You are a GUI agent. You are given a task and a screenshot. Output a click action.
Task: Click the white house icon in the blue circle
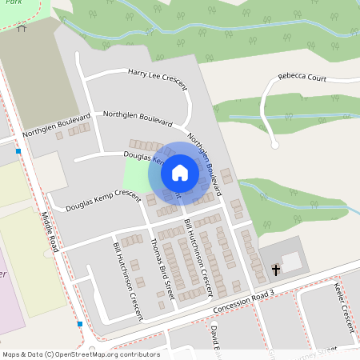coord(179,172)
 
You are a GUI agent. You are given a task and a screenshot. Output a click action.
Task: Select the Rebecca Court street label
coord(302,78)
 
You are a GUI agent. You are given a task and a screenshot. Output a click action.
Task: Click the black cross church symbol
coord(277,270)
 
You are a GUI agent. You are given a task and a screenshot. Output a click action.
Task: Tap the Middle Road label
coord(50,227)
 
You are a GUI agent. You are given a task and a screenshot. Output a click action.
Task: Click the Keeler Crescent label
coord(346,307)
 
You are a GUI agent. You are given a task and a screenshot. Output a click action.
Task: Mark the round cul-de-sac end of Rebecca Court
coord(274,145)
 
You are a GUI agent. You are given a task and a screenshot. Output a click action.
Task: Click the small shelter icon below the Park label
coord(22,28)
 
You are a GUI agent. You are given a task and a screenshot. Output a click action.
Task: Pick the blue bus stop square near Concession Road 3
coord(80,324)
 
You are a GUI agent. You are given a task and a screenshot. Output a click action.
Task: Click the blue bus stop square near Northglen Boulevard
coord(18,150)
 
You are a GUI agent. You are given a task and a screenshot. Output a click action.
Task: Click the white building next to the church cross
coord(292,261)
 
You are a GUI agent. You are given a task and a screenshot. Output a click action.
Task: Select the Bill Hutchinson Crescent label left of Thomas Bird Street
coord(128,280)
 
